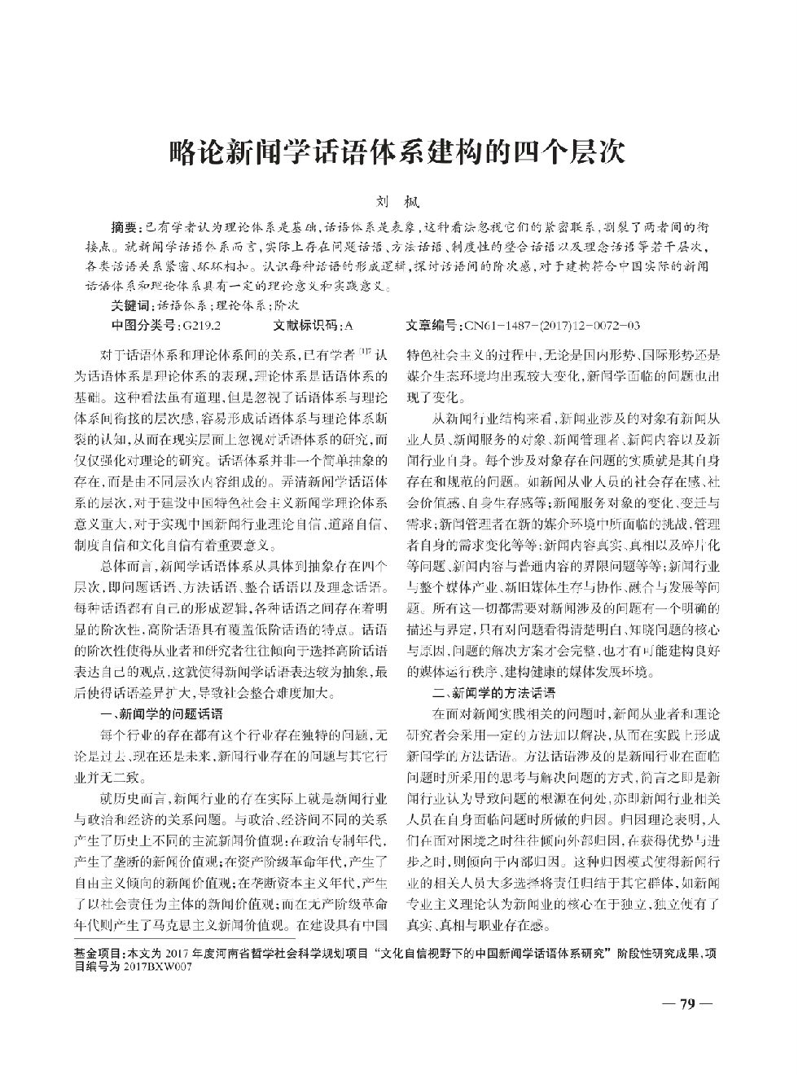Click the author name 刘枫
[399, 199]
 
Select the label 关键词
[131, 307]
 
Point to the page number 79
[687, 1004]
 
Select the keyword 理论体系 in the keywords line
[240, 307]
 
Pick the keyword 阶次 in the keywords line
[287, 307]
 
